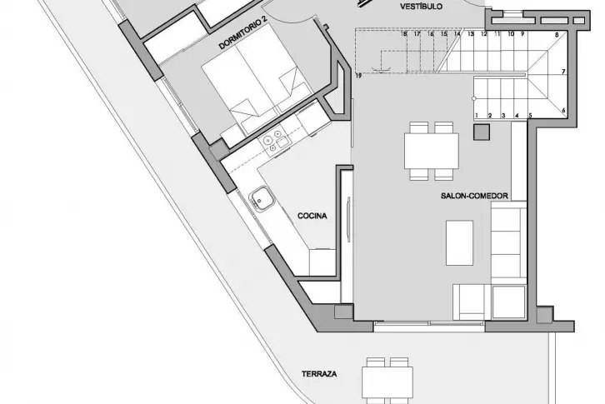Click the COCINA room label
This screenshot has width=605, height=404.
(312, 216)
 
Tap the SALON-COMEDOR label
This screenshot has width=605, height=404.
(474, 196)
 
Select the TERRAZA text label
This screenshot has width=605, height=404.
(319, 374)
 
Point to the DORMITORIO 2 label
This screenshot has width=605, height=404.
(243, 35)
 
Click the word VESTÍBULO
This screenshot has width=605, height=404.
(421, 6)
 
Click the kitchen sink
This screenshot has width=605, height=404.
(261, 199)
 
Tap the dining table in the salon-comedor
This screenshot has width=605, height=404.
(432, 151)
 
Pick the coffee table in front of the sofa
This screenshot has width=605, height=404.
(459, 242)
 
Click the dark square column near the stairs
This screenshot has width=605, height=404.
(482, 132)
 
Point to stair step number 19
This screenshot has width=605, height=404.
(358, 76)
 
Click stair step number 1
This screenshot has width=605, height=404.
(477, 116)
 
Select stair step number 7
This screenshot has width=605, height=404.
(563, 72)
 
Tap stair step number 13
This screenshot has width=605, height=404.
(470, 34)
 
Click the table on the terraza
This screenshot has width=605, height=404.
(387, 383)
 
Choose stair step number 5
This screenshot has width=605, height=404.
(530, 116)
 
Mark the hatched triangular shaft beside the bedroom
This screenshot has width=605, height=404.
(338, 90)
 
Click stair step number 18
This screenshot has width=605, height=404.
(404, 34)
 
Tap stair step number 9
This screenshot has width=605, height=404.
(522, 34)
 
